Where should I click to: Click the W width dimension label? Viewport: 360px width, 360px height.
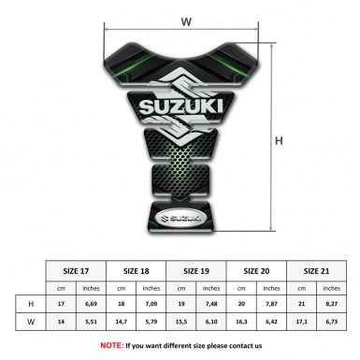[186, 18]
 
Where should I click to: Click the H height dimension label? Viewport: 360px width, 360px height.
[279, 142]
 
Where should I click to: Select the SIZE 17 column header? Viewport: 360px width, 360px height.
[76, 269]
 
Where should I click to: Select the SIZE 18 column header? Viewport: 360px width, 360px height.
[137, 269]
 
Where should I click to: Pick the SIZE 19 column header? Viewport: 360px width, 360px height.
[197, 269]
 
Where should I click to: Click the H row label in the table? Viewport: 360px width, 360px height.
[32, 304]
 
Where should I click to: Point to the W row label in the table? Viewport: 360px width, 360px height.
[32, 323]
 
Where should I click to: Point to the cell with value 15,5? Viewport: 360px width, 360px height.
[181, 323]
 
